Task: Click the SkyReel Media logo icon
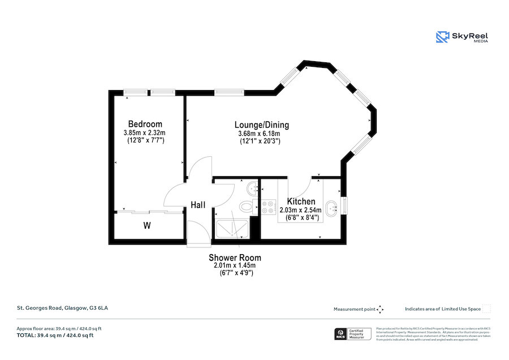442,37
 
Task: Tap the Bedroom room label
145,124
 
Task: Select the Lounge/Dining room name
262,125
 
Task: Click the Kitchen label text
301,202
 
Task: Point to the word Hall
198,205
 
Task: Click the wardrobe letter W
146,226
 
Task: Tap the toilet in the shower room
247,206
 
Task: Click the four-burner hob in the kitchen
268,207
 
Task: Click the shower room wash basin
252,187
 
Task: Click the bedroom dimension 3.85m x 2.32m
145,132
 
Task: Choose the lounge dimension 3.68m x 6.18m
259,134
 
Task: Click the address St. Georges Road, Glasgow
62,308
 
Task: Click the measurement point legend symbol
380,309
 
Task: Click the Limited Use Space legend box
486,308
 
